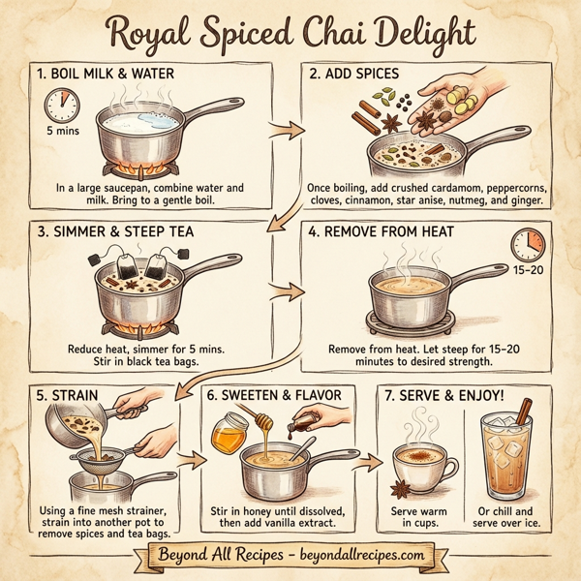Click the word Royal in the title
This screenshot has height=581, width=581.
click(152, 34)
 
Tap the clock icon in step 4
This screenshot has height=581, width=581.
click(529, 244)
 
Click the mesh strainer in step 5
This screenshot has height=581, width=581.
click(99, 456)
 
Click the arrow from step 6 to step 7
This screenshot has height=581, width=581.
click(365, 455)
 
